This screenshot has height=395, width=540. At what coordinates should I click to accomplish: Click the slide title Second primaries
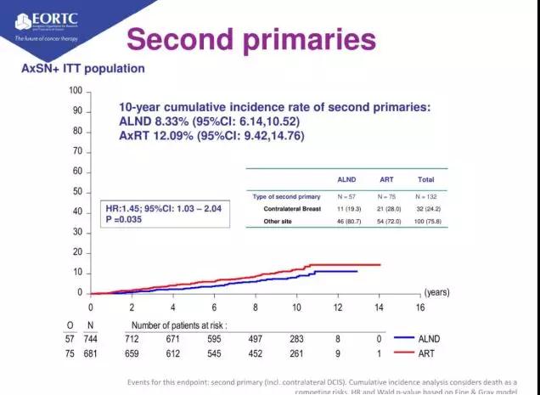[250, 39]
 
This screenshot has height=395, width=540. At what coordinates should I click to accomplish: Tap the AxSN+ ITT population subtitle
[82, 69]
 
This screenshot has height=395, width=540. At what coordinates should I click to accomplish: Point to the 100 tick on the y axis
[76, 91]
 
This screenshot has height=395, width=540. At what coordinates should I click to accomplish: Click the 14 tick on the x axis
[379, 308]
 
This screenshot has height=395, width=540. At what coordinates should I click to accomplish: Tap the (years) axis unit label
[436, 291]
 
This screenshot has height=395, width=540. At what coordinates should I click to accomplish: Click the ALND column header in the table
[347, 180]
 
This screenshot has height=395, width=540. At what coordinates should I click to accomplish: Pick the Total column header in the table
[425, 180]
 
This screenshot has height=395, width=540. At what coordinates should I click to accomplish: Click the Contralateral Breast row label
[292, 208]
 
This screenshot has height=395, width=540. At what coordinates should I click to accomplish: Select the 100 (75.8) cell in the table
[425, 221]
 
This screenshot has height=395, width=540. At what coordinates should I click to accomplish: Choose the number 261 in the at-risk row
[296, 353]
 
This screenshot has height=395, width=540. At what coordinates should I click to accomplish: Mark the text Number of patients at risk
[178, 324]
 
